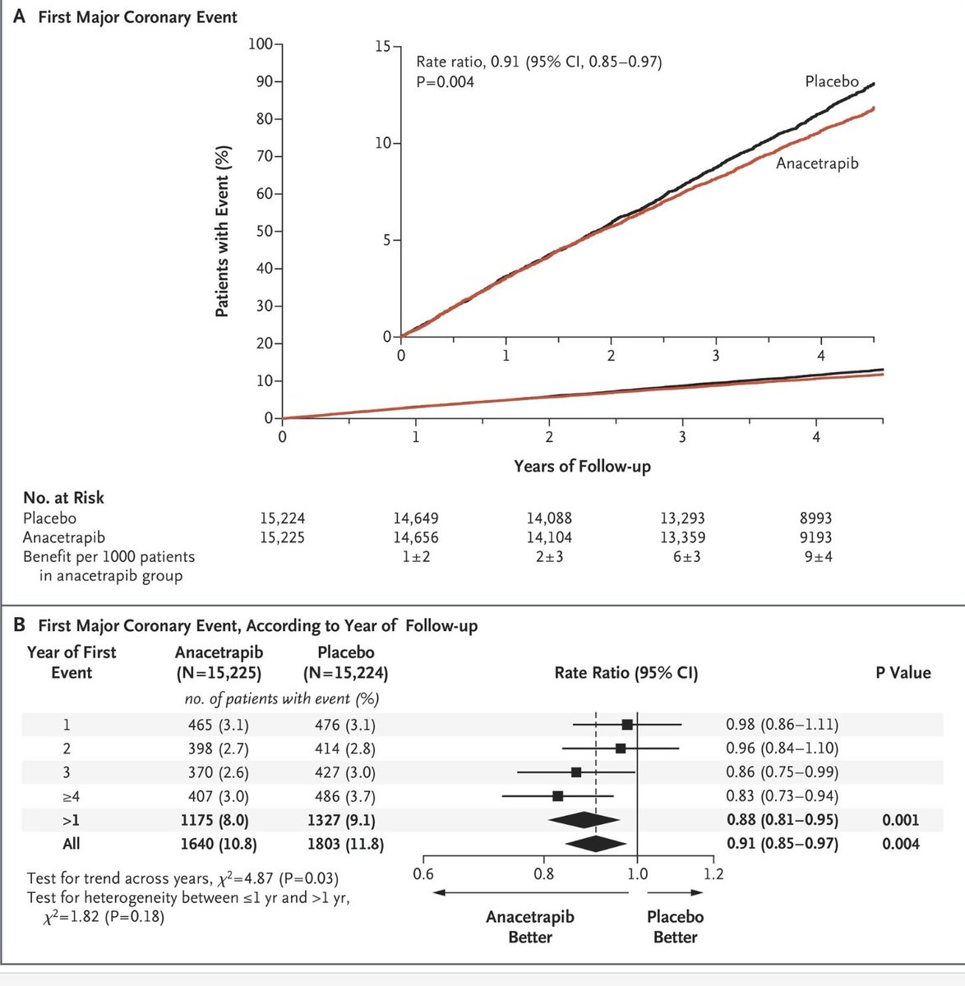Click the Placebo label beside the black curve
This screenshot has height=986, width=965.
pyautogui.click(x=830, y=81)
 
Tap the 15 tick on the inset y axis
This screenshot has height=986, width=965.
pyautogui.click(x=382, y=47)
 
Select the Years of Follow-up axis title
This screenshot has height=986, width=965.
pyautogui.click(x=582, y=466)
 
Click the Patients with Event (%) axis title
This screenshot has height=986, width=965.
pyautogui.click(x=223, y=232)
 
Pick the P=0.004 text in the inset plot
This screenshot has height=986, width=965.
pyautogui.click(x=445, y=81)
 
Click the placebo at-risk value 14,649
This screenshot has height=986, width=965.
pyautogui.click(x=416, y=518)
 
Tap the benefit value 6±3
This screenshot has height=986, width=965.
pyautogui.click(x=681, y=556)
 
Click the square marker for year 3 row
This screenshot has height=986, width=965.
pyautogui.click(x=576, y=772)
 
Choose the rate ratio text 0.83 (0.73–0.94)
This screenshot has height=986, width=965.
pyautogui.click(x=782, y=795)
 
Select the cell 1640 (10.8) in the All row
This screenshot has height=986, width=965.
pyautogui.click(x=211, y=843)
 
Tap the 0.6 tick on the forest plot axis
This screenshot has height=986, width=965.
pyautogui.click(x=423, y=873)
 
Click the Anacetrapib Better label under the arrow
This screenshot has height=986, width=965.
pyautogui.click(x=530, y=926)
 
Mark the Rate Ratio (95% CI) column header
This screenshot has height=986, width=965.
pyautogui.click(x=626, y=673)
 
